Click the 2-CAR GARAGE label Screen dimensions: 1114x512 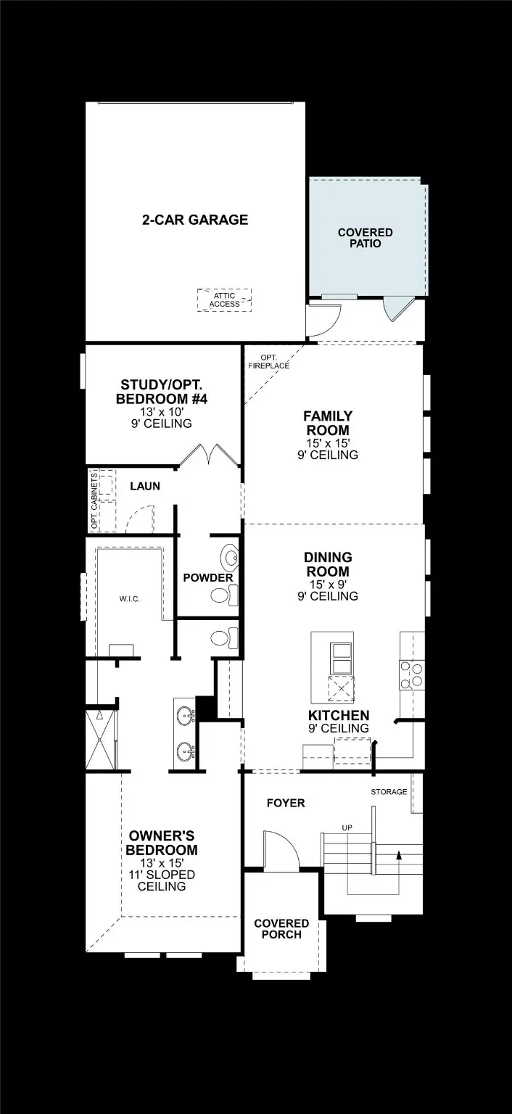point(194,220)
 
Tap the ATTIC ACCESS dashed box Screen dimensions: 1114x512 point(224,300)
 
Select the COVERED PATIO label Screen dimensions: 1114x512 point(365,238)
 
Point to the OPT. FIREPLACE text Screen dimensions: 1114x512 point(269,362)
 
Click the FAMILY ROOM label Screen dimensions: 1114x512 point(328,423)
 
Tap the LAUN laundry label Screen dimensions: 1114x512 point(145,486)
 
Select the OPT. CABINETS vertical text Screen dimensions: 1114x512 point(94,501)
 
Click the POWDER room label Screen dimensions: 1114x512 point(208,578)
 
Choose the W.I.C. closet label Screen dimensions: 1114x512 point(130,599)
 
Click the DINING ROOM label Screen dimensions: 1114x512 point(328,564)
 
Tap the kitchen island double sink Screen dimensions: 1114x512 point(340,658)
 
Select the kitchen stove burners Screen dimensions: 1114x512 point(411,674)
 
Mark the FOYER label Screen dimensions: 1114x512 point(286,803)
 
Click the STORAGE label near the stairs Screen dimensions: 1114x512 point(389,791)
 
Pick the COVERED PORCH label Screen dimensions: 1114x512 point(281,929)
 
